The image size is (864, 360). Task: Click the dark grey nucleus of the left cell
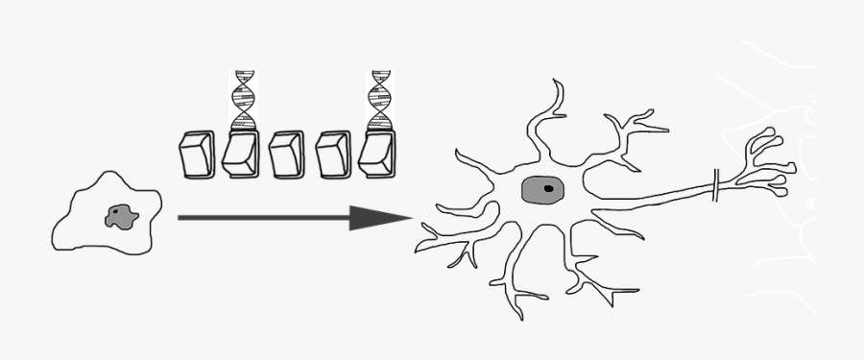pyautogui.click(x=120, y=217)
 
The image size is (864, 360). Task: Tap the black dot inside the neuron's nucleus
pyautogui.click(x=547, y=189)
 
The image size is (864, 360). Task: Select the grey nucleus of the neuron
pyautogui.click(x=536, y=190)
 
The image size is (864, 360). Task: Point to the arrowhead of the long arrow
pyautogui.click(x=379, y=218)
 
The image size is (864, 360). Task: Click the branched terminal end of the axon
pyautogui.click(x=768, y=163)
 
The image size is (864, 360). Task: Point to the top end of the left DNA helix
pyautogui.click(x=243, y=73)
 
